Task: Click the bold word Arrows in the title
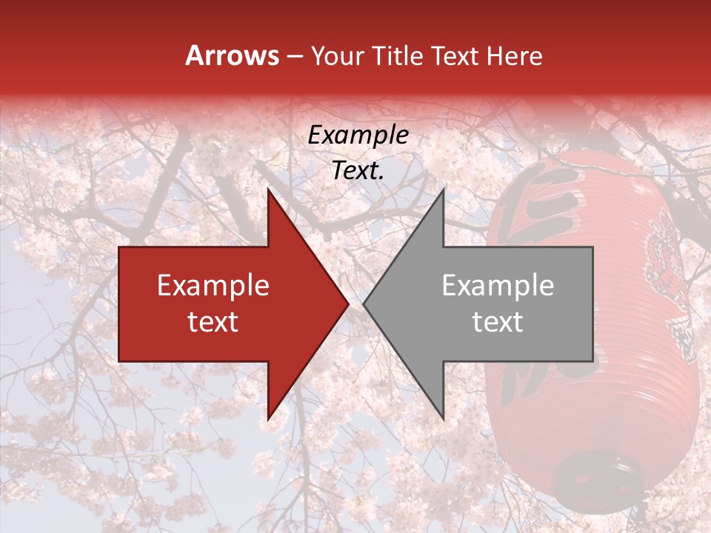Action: (232, 56)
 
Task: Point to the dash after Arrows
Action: (294, 56)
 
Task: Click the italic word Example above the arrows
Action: (358, 135)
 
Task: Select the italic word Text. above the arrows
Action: (358, 170)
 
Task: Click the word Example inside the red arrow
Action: (213, 286)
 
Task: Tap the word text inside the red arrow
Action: (213, 322)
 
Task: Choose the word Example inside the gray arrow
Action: (498, 286)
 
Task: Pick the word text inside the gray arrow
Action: (498, 322)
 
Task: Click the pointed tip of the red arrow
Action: (348, 304)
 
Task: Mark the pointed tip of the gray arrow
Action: (364, 304)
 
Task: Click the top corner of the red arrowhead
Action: (268, 190)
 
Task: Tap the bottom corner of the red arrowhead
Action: (268, 419)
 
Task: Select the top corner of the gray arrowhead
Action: (443, 190)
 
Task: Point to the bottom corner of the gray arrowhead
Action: (443, 419)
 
